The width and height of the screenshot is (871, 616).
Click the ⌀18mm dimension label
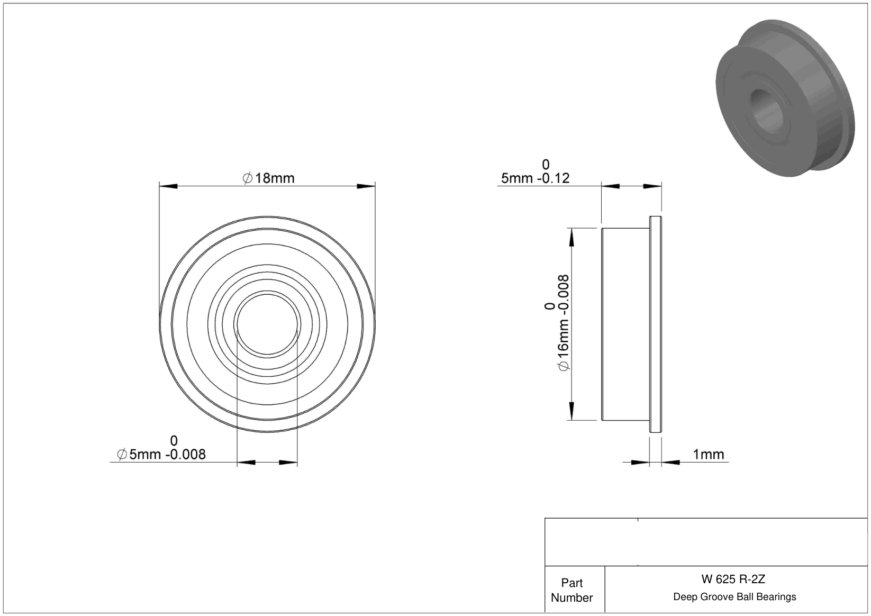click(268, 178)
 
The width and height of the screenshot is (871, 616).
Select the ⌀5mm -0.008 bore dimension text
click(161, 454)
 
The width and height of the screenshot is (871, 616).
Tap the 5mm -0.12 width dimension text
click(535, 178)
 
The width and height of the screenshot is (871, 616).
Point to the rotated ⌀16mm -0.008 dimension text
click(564, 323)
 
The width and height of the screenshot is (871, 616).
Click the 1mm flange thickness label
click(709, 454)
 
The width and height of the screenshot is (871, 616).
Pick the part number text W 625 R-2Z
click(733, 579)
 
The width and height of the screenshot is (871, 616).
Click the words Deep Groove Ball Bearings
click(734, 596)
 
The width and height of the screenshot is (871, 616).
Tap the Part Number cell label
click(571, 590)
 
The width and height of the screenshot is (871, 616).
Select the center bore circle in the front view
click(267, 294)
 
